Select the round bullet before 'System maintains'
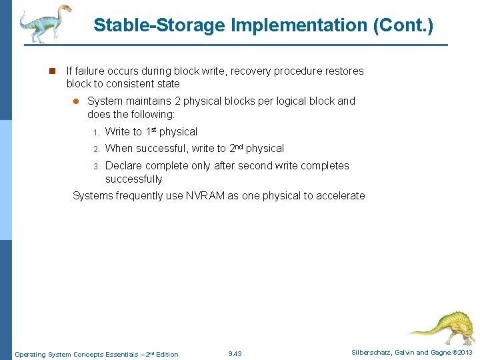[75, 101]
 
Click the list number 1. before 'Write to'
[96, 132]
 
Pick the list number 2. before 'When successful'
[96, 149]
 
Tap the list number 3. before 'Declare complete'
[96, 166]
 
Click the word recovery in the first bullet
[251, 71]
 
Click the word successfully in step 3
[133, 179]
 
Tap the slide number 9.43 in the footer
[235, 354]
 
